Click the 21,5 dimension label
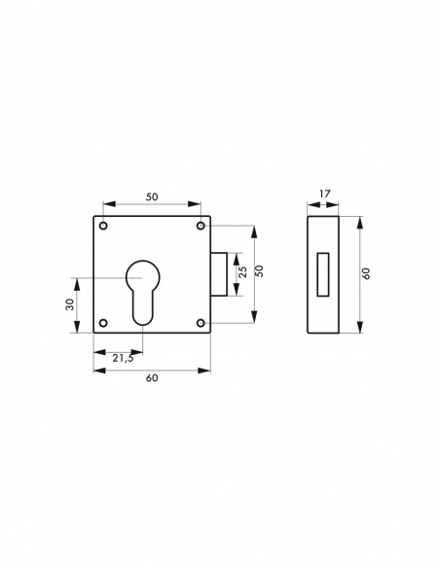(123, 358)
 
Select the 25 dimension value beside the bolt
(242, 273)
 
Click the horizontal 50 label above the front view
(151, 196)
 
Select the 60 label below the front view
(151, 378)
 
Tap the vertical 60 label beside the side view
(366, 273)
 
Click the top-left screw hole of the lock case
(103, 227)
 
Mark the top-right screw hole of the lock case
(201, 227)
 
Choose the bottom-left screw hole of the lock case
(103, 322)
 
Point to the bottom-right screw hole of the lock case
(201, 322)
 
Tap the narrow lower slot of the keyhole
(143, 307)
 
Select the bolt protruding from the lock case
(220, 274)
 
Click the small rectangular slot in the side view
(322, 273)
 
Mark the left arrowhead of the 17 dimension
(311, 204)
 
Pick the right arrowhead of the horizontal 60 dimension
(207, 370)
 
